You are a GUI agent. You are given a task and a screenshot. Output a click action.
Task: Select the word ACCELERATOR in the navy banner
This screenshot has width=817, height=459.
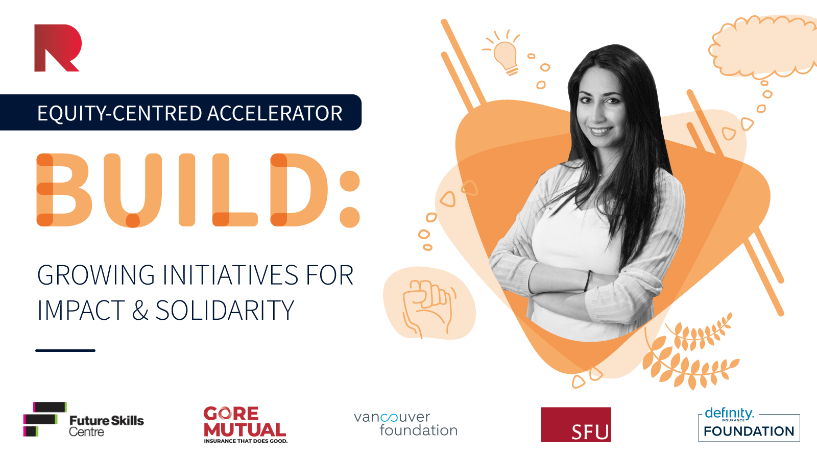pyautogui.click(x=275, y=113)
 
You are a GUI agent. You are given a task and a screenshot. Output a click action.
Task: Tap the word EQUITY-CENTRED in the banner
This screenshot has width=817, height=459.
pyautogui.click(x=119, y=113)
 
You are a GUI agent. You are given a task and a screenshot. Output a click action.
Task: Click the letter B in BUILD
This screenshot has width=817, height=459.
pyautogui.click(x=64, y=190)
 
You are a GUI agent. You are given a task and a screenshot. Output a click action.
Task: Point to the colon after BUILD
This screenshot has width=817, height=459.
pyautogui.click(x=349, y=199)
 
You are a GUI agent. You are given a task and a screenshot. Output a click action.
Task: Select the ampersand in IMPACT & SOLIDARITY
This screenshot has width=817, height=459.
pyautogui.click(x=140, y=310)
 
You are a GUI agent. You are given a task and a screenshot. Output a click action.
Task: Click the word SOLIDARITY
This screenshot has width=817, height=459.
pyautogui.click(x=225, y=310)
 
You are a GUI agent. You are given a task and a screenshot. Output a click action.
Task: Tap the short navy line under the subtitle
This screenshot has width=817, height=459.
pyautogui.click(x=65, y=350)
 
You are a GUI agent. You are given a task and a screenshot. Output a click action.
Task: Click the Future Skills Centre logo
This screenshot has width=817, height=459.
pyautogui.click(x=84, y=419)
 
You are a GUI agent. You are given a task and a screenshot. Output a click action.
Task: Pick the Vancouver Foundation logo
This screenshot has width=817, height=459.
pyautogui.click(x=405, y=424)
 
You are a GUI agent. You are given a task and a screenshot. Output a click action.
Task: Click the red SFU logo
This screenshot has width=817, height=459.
pyautogui.click(x=575, y=424)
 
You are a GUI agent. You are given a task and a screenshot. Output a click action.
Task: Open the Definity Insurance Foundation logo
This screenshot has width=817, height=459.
pyautogui.click(x=749, y=424)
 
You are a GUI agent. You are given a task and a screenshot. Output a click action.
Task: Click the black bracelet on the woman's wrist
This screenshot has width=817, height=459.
pyautogui.click(x=587, y=281)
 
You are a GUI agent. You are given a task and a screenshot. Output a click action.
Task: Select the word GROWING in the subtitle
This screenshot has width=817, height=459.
pyautogui.click(x=96, y=275)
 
